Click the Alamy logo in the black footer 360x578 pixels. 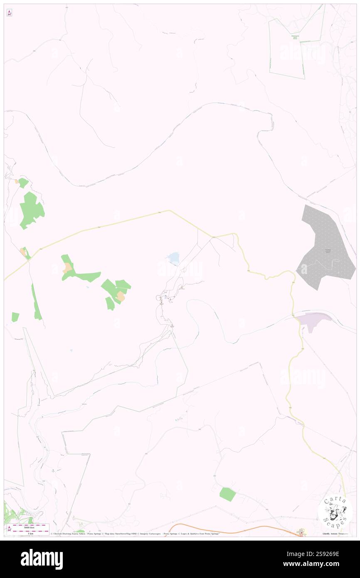point(42,559)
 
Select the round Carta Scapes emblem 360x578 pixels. point(335,512)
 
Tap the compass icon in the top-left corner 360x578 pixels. point(9,13)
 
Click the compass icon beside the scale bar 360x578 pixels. point(9,529)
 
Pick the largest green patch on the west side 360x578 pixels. point(31,210)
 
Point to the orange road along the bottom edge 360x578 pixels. point(233,529)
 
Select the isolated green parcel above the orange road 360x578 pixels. point(227,494)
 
